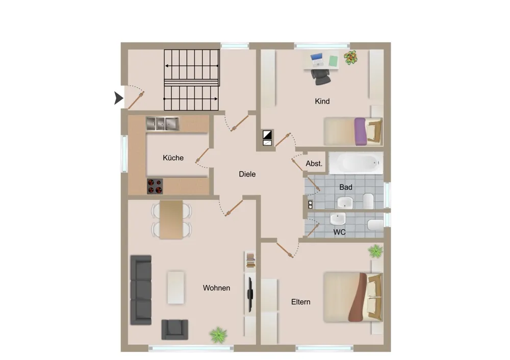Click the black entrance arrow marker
[118, 98]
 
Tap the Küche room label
[173, 158]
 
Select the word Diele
[247, 174]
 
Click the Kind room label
[322, 101]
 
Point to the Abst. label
[314, 164]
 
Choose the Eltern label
[300, 302]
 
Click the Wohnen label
[216, 288]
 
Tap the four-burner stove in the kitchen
[155, 186]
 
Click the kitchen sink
[162, 123]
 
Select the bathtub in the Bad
[356, 163]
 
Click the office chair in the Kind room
[321, 77]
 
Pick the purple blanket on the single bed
[360, 132]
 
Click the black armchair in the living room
[174, 329]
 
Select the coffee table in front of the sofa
[175, 288]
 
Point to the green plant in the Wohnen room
[218, 335]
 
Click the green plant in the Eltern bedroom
[376, 251]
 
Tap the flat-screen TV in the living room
[250, 294]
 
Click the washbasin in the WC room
[338, 219]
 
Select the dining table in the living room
[171, 219]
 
